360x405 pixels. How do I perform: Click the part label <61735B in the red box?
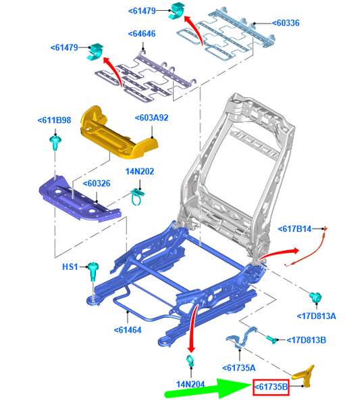pos(271,387)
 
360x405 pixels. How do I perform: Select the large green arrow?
pos(208,388)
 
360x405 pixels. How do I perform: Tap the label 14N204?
pos(190,384)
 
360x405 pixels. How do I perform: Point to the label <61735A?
pos(239,368)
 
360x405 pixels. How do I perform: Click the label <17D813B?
pos(307,340)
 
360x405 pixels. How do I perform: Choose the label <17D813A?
pos(316,316)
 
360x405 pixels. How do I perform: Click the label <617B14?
pos(294,229)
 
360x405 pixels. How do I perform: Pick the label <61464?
pos(128,330)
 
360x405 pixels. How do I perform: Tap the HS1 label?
pos(70,266)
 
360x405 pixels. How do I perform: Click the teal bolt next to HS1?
pos(93,272)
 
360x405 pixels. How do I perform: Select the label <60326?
pos(97,183)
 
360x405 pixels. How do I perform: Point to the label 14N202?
pos(140,172)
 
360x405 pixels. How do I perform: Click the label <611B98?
pos(54,120)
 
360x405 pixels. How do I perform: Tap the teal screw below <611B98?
pos(55,143)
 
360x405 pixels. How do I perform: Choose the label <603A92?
pos(152,118)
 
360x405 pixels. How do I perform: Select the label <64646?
pos(142,34)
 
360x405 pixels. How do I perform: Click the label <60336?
pos(286,23)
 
